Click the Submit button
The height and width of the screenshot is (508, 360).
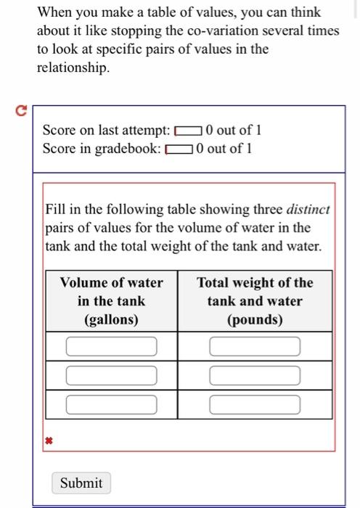[x=81, y=483]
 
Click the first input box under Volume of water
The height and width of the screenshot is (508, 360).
[x=112, y=347]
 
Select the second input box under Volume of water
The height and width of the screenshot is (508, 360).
[x=112, y=375]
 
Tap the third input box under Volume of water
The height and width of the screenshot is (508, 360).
[x=112, y=404]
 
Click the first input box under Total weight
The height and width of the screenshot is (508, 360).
[x=255, y=347]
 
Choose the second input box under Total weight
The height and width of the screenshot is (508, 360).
[x=255, y=375]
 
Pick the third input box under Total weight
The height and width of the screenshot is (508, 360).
[x=255, y=404]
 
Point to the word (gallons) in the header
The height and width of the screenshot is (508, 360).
[x=111, y=320]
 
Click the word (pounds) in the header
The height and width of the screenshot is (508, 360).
[x=254, y=320]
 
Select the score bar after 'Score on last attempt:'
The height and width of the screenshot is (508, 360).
[x=188, y=131]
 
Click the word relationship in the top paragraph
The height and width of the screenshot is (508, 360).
[x=73, y=68]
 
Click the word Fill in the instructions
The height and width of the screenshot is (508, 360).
[x=55, y=210]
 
